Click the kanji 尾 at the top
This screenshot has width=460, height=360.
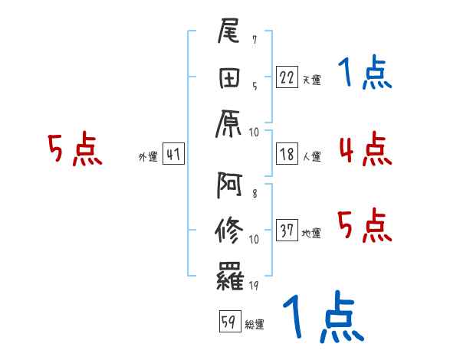231,34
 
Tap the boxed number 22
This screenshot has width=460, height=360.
287,77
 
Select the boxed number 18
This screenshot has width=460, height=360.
287,155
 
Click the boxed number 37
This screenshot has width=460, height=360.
287,231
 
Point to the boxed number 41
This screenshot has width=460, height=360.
173,155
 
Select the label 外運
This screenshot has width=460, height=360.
148,157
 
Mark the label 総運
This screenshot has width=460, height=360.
254,325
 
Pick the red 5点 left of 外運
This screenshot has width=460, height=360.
74,149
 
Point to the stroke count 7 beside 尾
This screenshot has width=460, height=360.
254,39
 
